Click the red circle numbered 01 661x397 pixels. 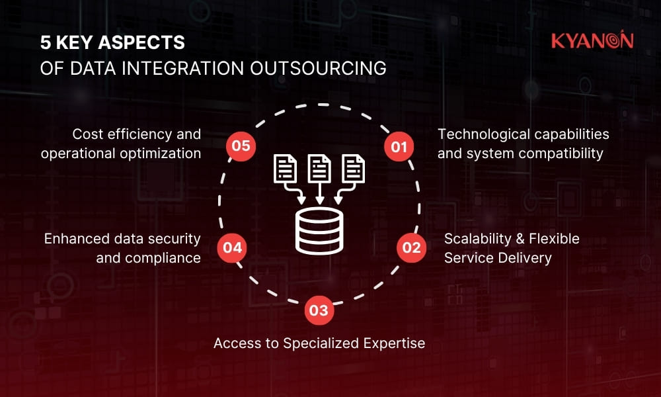pos(399,147)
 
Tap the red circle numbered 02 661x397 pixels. pos(410,247)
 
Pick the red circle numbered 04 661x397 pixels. pos(232,249)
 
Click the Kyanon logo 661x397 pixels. pos(592,41)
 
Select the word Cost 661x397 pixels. pos(87,134)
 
